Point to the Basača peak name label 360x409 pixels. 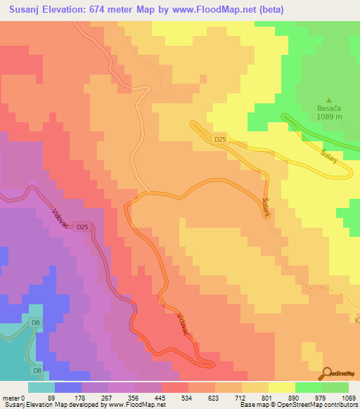tap(328, 109)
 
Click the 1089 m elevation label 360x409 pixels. tap(328, 117)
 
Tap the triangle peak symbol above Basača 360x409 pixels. tap(328, 100)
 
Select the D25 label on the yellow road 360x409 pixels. tap(221, 140)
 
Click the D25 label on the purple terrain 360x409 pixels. tap(82, 226)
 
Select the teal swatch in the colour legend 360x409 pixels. tap(41, 387)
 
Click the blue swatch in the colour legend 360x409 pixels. tap(67, 387)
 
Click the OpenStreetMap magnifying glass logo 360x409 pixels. tap(327, 373)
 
